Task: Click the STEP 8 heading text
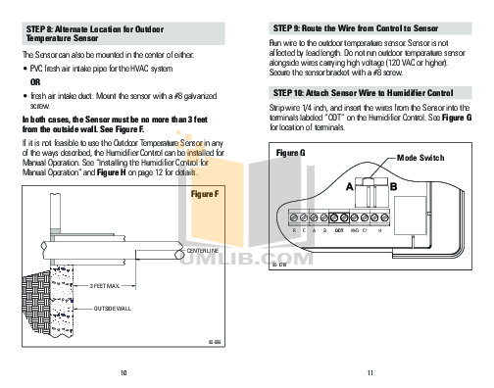(x=82, y=34)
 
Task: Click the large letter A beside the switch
(x=350, y=185)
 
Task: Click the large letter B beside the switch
(x=393, y=185)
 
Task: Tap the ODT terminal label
(x=337, y=230)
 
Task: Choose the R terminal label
(x=294, y=230)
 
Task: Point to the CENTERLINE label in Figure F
(x=200, y=252)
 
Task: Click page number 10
(x=123, y=372)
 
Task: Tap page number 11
(x=370, y=372)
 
